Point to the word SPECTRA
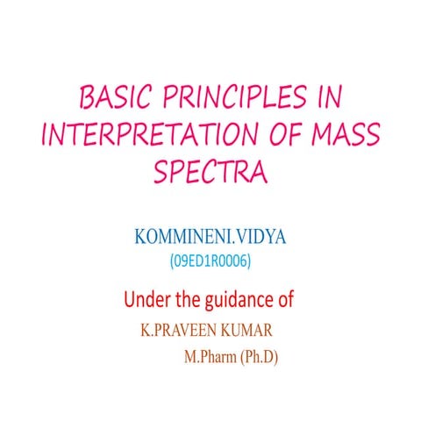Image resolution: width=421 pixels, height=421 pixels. [x=210, y=171]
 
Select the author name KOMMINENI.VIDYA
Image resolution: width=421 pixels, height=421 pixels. [x=210, y=239]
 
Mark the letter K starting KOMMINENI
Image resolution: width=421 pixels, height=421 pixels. [x=140, y=239]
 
